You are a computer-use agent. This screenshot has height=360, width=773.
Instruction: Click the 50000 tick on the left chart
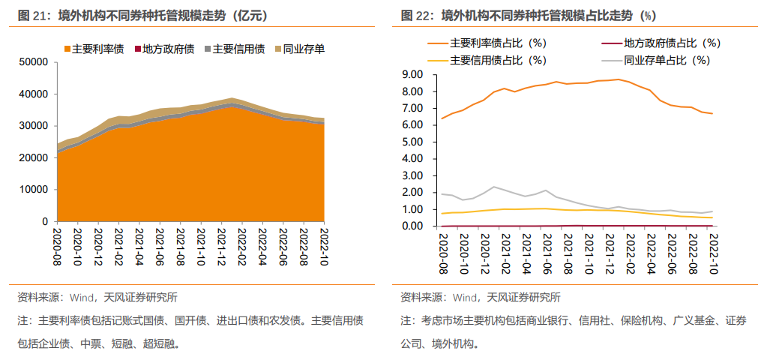(34, 62)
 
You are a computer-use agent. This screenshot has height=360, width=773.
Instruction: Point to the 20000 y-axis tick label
(34, 158)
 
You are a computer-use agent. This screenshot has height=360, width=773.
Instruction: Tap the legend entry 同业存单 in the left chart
(304, 49)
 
